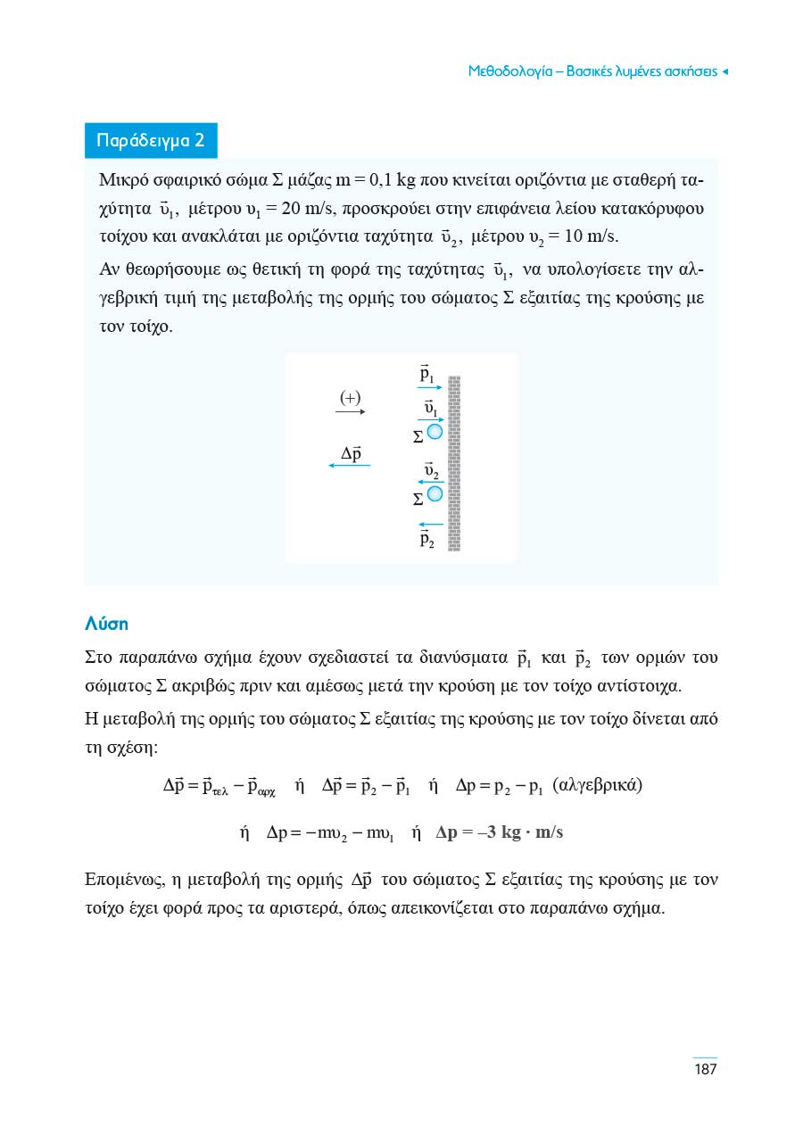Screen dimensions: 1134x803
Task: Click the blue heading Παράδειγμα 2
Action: pos(151,141)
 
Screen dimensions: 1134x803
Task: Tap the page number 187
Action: pos(705,1069)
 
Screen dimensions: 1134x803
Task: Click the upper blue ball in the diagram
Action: pos(435,433)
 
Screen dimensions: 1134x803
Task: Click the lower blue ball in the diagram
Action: pos(435,493)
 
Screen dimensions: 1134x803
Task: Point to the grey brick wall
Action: pos(454,464)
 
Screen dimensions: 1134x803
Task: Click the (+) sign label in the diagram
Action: pos(351,396)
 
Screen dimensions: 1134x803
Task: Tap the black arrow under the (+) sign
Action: pos(350,412)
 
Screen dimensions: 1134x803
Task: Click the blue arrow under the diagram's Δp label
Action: pos(349,467)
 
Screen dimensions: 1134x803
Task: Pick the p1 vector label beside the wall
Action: pos(426,374)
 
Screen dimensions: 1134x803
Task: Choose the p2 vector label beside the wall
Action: pos(426,539)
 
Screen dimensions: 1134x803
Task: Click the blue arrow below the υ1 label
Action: pos(431,419)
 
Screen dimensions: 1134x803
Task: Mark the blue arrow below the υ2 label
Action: pos(431,483)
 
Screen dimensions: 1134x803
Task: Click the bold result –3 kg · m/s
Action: pos(500,832)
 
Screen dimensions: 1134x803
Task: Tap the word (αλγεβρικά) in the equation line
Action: pos(598,786)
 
